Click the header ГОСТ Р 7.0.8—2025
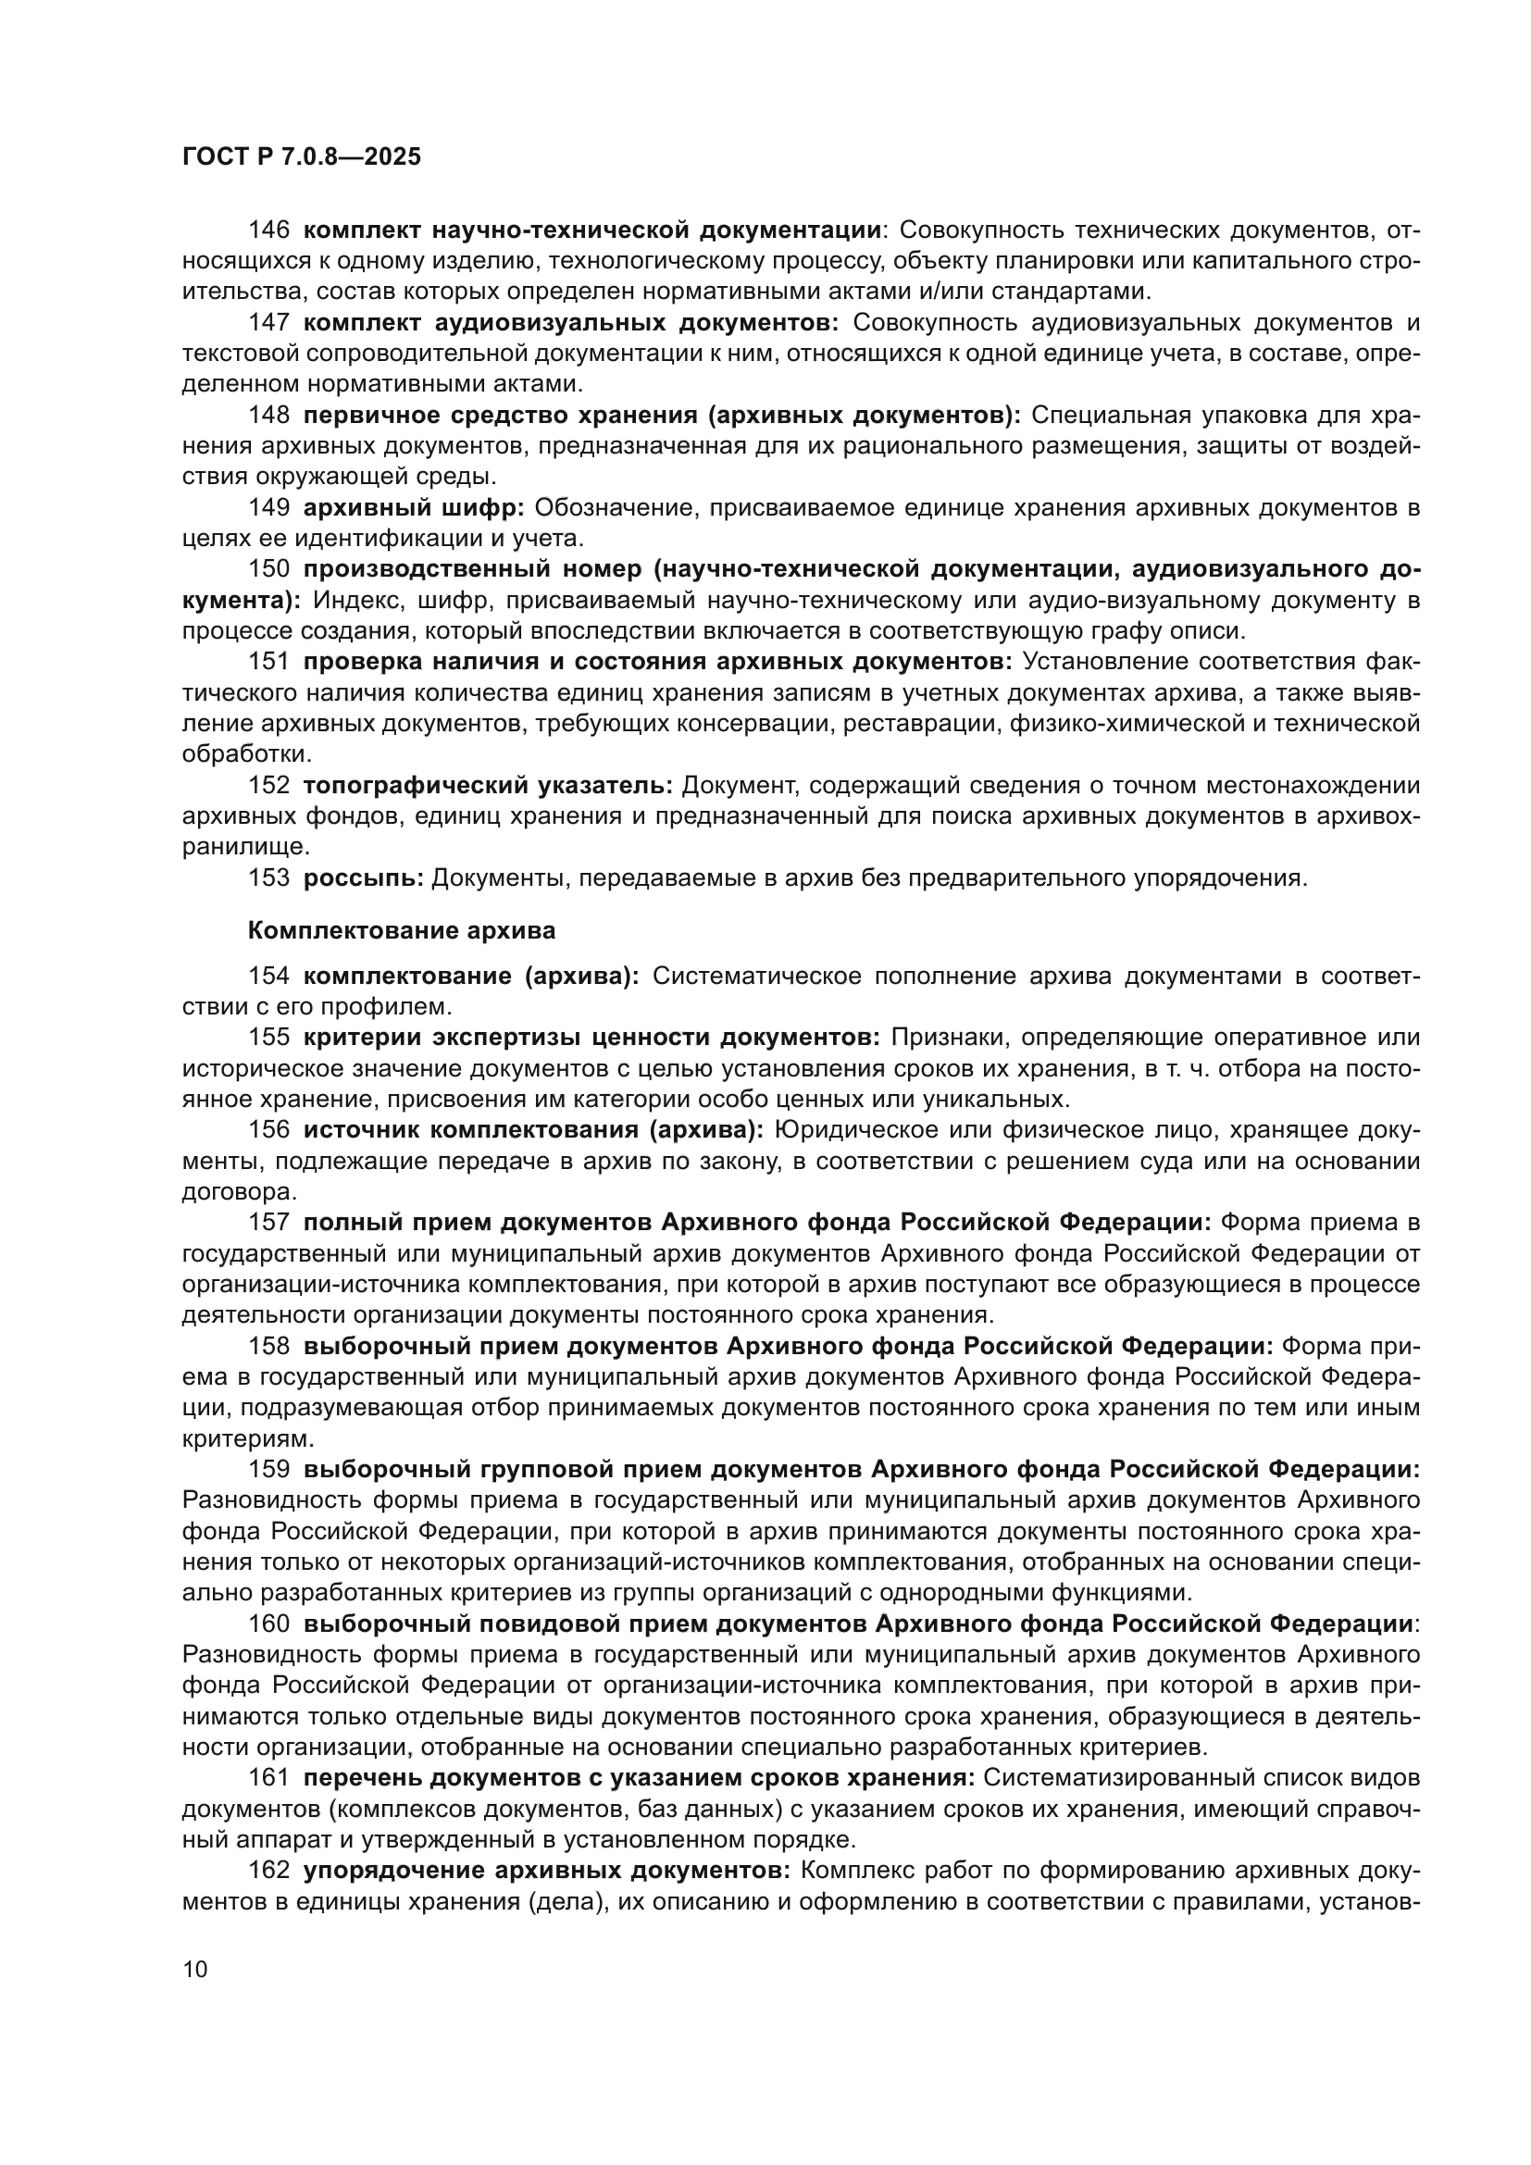click(x=302, y=157)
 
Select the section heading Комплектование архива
click(x=402, y=930)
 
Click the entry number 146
click(x=268, y=230)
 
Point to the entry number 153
click(x=268, y=877)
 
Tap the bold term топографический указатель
click(x=488, y=786)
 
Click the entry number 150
click(x=268, y=569)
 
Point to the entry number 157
click(x=268, y=1223)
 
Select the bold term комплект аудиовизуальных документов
click(x=571, y=322)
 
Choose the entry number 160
click(x=268, y=1624)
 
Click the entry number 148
click(x=268, y=415)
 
